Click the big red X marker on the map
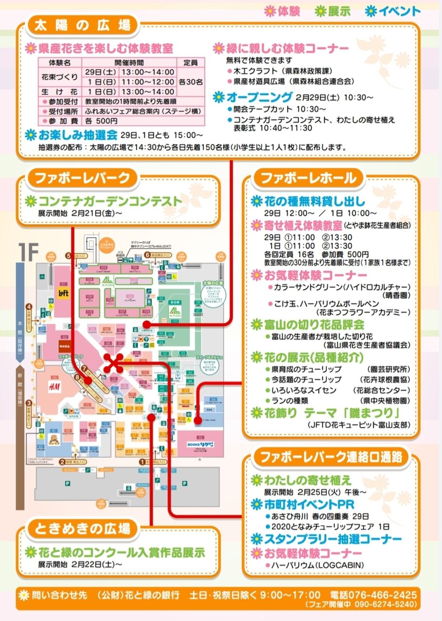click(115, 362)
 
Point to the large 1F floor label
click(28, 251)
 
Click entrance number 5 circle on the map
click(68, 255)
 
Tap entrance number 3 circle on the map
click(29, 403)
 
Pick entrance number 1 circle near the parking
click(142, 462)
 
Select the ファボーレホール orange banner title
click(308, 178)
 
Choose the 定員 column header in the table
click(190, 63)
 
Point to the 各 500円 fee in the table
click(101, 121)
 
